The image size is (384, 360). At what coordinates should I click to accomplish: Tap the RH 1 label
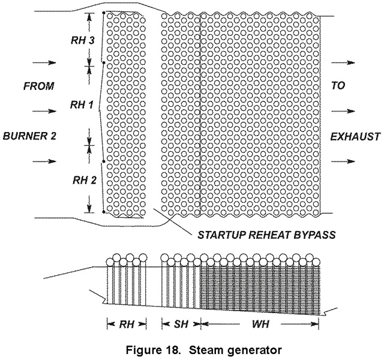(x=81, y=105)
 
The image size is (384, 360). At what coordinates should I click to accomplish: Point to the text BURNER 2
(x=29, y=136)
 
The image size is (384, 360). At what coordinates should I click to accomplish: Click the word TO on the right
(x=338, y=86)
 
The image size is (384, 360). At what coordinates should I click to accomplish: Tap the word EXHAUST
(x=355, y=136)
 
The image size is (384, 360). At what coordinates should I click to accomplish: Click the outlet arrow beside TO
(x=345, y=62)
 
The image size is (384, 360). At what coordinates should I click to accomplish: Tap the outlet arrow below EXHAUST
(x=345, y=161)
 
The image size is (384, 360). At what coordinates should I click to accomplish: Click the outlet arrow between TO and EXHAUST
(x=345, y=111)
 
